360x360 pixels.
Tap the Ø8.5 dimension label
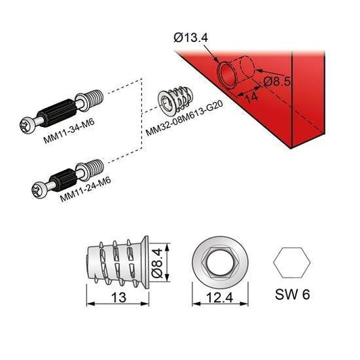(277, 82)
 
